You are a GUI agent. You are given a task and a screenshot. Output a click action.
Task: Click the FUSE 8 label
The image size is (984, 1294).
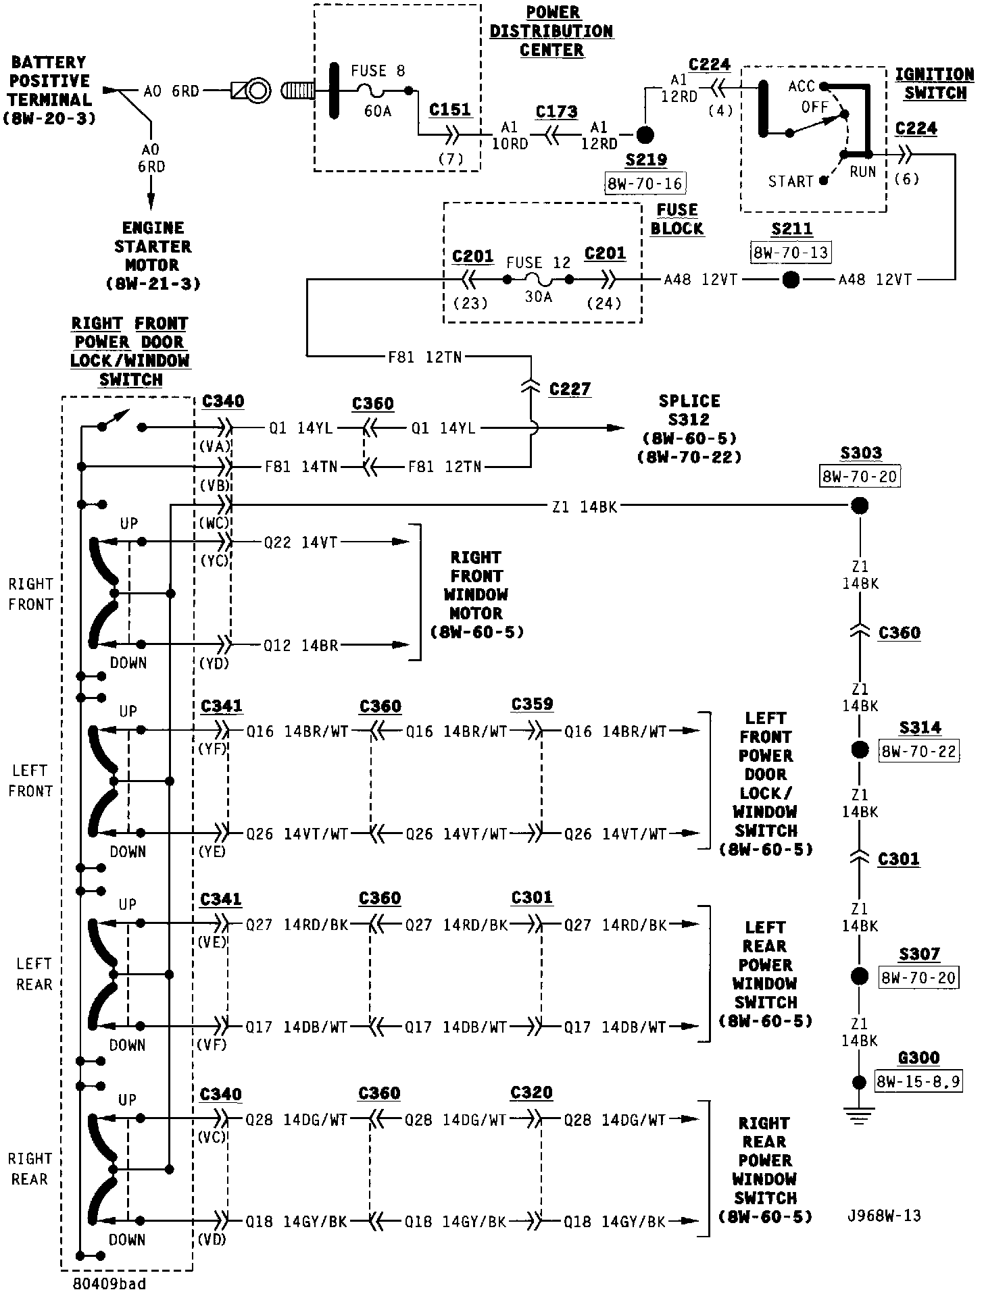(x=378, y=71)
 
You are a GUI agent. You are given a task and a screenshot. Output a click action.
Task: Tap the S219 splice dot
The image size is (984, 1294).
(x=645, y=135)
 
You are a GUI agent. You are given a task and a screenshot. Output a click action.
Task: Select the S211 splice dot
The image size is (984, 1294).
(x=790, y=280)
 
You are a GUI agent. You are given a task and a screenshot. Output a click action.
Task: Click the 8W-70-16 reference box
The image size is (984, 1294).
(x=645, y=183)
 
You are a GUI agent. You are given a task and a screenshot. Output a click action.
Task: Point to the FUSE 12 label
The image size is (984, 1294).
(x=539, y=263)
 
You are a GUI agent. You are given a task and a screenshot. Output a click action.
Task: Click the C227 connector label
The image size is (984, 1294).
(x=570, y=389)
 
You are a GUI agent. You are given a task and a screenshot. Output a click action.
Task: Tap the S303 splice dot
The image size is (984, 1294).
(x=859, y=505)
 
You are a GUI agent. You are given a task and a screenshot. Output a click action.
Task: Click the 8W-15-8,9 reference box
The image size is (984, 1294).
(x=918, y=1082)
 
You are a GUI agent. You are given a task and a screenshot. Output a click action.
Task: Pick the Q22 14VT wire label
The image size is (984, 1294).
(x=300, y=542)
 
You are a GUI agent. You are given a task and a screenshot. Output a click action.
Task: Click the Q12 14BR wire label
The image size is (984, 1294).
(x=300, y=645)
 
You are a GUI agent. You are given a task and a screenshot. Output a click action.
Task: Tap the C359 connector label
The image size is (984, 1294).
(x=532, y=704)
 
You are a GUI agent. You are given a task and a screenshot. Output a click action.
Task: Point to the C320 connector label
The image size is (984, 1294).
(x=531, y=1093)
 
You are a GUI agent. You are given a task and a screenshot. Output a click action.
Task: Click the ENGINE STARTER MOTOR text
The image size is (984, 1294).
(x=153, y=256)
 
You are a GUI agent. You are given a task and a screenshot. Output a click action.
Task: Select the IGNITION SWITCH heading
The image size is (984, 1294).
(x=935, y=84)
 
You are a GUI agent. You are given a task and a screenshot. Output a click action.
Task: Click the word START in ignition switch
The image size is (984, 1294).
(x=790, y=182)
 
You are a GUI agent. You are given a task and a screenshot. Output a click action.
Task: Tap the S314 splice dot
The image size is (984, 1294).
(x=859, y=750)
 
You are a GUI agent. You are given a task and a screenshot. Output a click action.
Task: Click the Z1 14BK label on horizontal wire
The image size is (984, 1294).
(x=584, y=507)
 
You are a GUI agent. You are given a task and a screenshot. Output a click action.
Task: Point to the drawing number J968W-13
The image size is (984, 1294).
(x=884, y=1216)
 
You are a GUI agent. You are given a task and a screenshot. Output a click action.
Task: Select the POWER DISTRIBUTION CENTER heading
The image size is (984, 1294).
(x=551, y=32)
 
